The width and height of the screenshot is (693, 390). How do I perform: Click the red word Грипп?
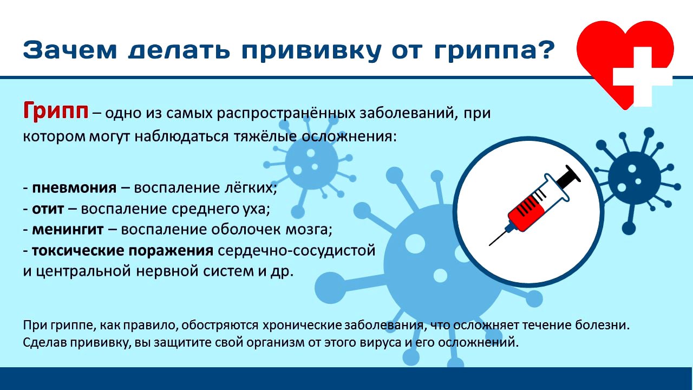[x=55, y=112]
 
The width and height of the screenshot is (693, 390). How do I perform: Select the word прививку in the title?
[x=319, y=51]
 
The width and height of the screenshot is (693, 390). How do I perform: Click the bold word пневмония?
[x=74, y=188]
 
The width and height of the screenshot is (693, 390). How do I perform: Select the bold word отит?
[x=48, y=209]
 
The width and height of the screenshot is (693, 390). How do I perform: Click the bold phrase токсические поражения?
[x=122, y=250]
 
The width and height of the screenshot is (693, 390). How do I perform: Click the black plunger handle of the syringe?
[x=568, y=176]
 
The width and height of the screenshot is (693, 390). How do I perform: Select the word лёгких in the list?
[x=253, y=188]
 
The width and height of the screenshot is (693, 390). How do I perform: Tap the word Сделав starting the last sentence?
[x=43, y=343]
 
